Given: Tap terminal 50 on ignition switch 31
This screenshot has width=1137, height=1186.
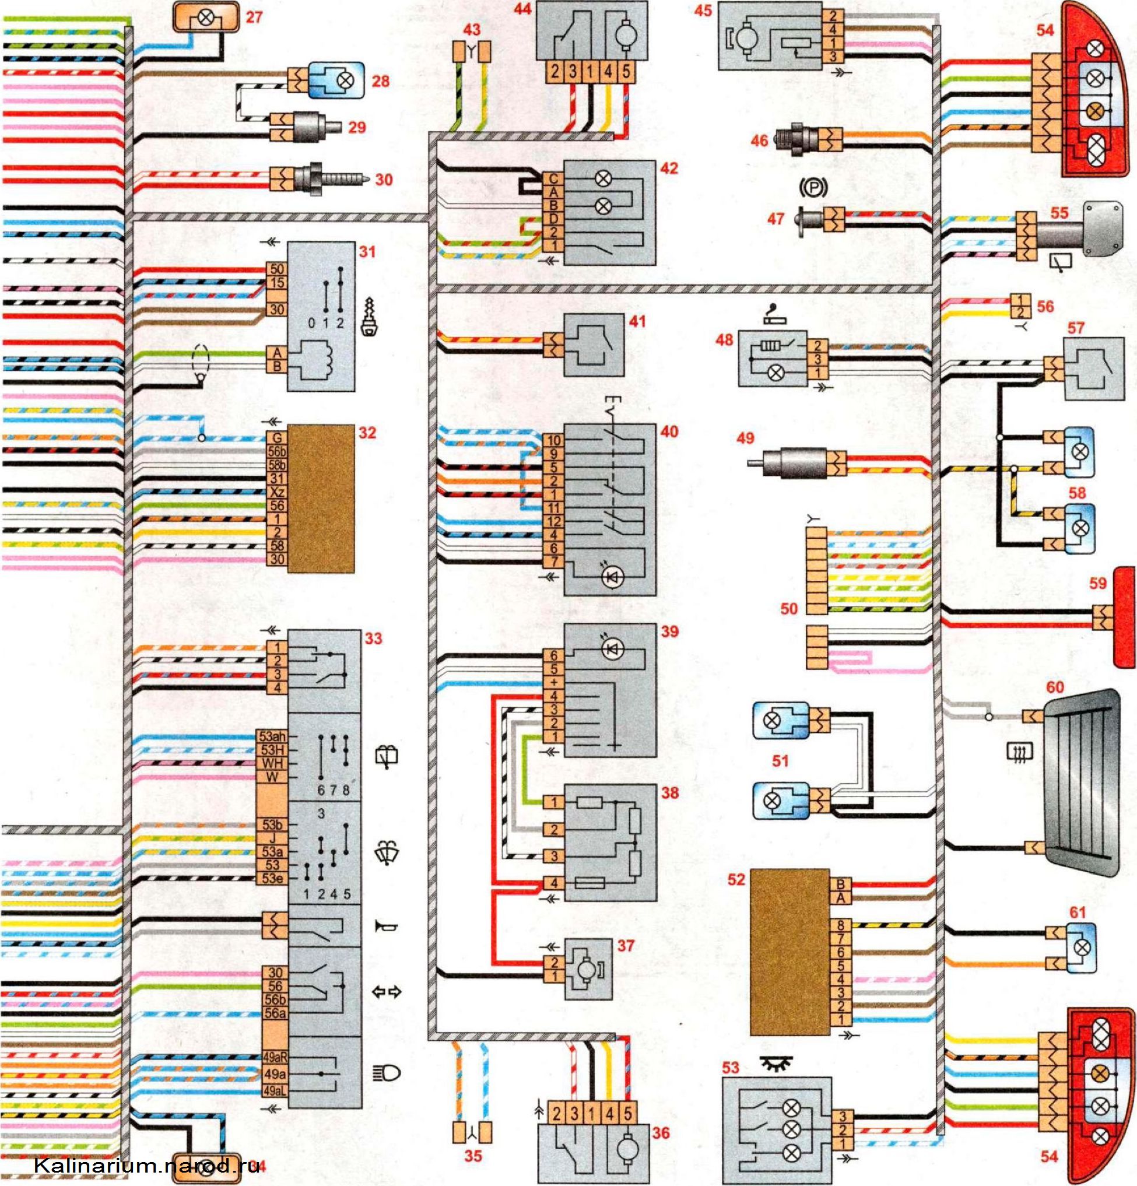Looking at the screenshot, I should tap(276, 269).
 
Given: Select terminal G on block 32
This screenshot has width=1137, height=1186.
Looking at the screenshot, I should tap(277, 437).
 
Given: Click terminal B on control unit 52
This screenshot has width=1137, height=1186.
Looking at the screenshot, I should tap(840, 884).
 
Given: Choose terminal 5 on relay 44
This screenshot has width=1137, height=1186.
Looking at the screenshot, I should tap(626, 72).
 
